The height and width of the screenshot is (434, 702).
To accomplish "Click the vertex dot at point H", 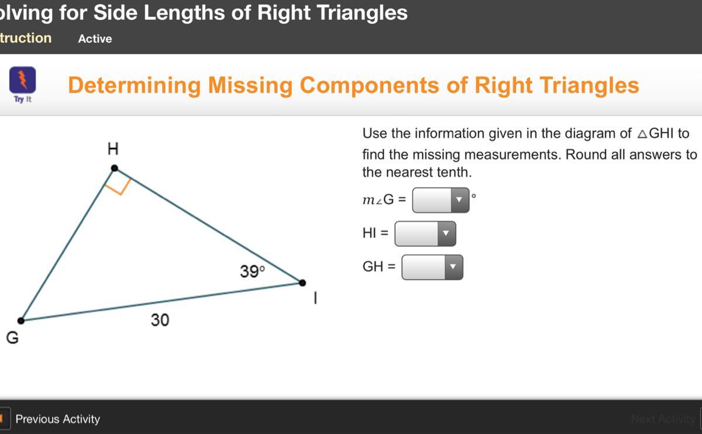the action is tap(115, 168).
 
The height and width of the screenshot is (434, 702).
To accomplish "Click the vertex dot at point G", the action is tap(20, 321).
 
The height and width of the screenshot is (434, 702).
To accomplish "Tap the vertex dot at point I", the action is tap(302, 283).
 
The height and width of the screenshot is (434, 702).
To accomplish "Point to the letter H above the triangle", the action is tap(113, 149).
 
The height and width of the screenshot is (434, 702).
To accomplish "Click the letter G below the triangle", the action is tap(12, 338).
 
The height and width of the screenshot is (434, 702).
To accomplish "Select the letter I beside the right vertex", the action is tap(315, 298).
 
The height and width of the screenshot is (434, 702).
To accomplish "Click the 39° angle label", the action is tap(252, 271).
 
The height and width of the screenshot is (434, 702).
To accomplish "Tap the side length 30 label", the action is tap(160, 321).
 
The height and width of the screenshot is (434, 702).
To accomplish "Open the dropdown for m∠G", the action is tap(441, 200).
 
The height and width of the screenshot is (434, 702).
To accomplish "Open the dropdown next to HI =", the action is tap(425, 234).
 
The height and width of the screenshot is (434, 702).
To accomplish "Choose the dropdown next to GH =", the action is tap(432, 267).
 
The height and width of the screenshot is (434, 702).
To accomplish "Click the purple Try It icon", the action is tap(23, 80).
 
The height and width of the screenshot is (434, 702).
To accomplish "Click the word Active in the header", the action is tap(95, 39).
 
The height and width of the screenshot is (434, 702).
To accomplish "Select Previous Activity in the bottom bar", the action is tap(58, 419).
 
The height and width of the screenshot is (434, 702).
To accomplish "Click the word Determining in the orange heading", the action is tap(134, 85).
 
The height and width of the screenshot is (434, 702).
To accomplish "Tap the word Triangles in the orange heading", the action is tap(589, 85).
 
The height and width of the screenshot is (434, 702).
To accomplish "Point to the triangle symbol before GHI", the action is tap(642, 134).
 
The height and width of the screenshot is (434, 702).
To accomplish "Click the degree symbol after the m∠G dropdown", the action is tap(473, 196).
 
